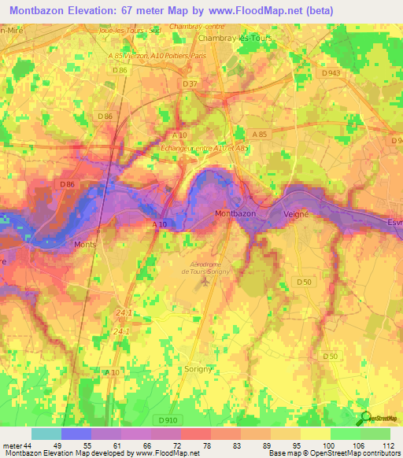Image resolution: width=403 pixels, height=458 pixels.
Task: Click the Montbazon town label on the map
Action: coord(235,214)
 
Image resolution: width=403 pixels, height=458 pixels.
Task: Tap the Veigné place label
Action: coord(299,214)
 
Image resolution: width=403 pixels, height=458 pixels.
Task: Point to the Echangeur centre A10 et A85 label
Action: coord(205,148)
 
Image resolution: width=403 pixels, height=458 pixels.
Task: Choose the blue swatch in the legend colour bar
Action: coord(76,434)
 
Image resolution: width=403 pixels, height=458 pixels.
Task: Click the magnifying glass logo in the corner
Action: coord(366,418)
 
